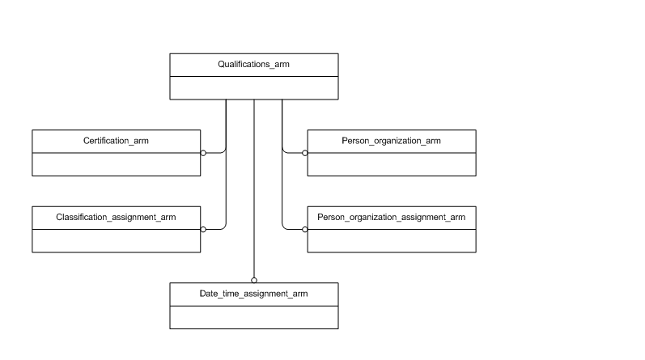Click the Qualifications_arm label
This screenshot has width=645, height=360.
[253, 64]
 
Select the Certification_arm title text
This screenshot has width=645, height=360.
[116, 141]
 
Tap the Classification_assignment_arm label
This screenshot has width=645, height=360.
[116, 217]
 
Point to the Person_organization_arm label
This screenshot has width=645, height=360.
[391, 141]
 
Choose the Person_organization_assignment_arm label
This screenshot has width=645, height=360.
[391, 217]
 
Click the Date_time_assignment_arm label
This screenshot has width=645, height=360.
[253, 294]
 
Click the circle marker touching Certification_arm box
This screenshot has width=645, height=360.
[203, 152]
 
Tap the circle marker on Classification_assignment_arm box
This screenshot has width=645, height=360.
[203, 229]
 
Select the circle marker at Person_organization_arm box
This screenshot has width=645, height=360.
[305, 152]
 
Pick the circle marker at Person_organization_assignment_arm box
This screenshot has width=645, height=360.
[305, 229]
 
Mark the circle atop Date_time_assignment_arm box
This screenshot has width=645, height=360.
[254, 280]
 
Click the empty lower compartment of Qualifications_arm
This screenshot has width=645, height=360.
[253, 87]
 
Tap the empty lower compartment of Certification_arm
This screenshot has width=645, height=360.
[116, 164]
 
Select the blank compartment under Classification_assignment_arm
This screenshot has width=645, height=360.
[116, 240]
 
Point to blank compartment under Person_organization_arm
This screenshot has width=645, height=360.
[391, 164]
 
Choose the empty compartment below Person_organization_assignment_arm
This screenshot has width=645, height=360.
[391, 240]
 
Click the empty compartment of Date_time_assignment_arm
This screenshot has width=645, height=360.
[253, 317]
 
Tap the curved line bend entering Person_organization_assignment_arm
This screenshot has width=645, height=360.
[284, 226]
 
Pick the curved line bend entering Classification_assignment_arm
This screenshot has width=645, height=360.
[223, 226]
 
